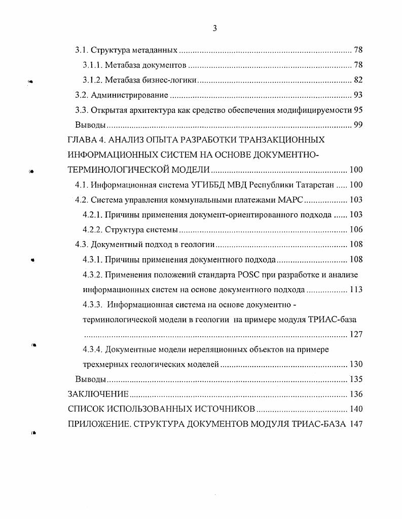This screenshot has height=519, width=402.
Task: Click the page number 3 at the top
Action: [214, 29]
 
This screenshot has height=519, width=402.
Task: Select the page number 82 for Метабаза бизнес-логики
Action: [358, 80]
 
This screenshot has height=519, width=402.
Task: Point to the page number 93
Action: [358, 95]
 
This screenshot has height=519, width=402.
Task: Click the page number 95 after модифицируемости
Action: [358, 110]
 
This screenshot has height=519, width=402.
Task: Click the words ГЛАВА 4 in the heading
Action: [87, 140]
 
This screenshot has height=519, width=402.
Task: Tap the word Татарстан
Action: [310, 185]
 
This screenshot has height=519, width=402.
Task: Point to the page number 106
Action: [356, 229]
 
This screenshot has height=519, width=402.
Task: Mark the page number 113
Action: [356, 290]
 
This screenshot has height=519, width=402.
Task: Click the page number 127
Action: [356, 334]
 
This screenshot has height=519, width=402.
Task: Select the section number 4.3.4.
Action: [93, 349]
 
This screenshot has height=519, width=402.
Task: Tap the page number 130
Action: [356, 364]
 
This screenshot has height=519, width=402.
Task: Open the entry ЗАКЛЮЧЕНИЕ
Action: [98, 394]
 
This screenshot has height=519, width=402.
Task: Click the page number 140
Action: [356, 409]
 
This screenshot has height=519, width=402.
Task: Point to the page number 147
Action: [356, 424]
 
